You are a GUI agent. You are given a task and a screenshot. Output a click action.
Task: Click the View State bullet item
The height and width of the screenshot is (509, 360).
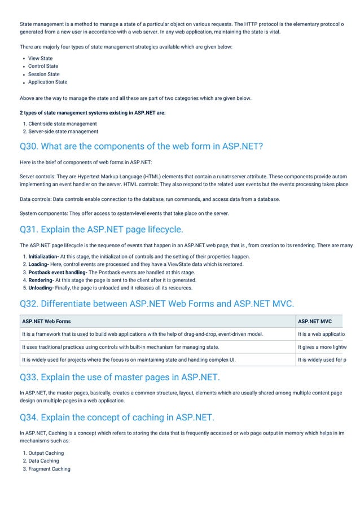[40, 58]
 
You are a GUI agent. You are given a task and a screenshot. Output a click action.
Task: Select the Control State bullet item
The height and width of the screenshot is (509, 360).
[43, 66]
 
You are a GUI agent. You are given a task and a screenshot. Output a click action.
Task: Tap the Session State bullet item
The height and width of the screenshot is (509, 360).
[43, 74]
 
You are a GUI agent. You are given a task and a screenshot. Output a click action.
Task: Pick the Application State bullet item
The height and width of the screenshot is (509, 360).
[47, 82]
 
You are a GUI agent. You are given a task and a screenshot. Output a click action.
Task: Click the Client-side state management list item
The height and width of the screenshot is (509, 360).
[62, 124]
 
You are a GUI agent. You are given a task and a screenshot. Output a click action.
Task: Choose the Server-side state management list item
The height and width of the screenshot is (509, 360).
[63, 131]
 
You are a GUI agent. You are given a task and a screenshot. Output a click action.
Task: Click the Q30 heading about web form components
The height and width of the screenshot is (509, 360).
[141, 147]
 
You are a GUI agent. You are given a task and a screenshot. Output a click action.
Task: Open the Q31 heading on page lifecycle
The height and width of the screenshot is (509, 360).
[102, 230]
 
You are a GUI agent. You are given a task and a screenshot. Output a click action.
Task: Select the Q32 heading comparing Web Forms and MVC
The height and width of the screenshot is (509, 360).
[157, 304]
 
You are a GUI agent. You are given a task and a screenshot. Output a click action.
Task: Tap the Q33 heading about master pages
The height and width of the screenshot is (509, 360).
[120, 377]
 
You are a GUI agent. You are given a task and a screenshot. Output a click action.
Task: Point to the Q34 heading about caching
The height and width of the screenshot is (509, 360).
[117, 418]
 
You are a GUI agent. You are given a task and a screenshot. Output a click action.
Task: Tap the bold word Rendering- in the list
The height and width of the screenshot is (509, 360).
[41, 280]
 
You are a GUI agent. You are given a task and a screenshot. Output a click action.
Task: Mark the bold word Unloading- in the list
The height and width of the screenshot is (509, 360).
[41, 288]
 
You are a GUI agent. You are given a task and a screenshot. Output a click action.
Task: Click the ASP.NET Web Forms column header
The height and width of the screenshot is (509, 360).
[46, 322]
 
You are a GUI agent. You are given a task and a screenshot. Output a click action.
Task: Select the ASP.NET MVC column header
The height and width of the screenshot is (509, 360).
[314, 322]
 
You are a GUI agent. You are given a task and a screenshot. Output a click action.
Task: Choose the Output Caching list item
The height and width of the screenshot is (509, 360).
[46, 453]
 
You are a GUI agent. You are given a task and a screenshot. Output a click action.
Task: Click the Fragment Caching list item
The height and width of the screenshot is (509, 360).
[49, 469]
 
